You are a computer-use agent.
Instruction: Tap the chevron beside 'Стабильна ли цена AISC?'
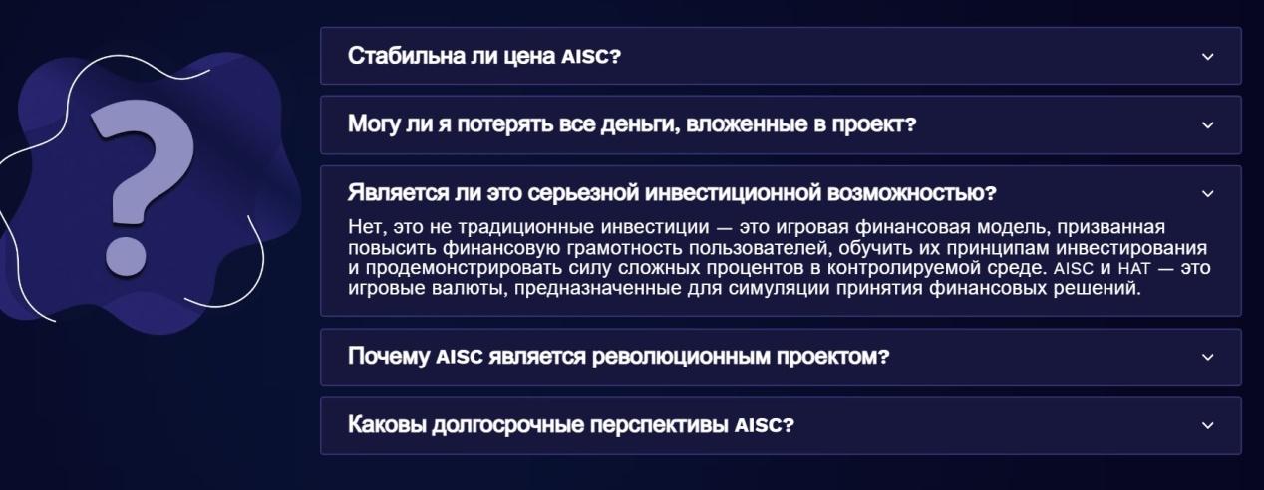pos(1207,57)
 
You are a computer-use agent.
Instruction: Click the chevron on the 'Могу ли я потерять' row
pos(1207,125)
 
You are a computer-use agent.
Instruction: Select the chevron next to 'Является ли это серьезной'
pos(1207,194)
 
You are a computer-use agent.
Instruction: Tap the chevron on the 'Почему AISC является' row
pos(1207,357)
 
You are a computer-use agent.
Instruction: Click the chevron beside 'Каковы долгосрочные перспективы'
pos(1207,425)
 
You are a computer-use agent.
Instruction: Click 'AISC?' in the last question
pos(765,425)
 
